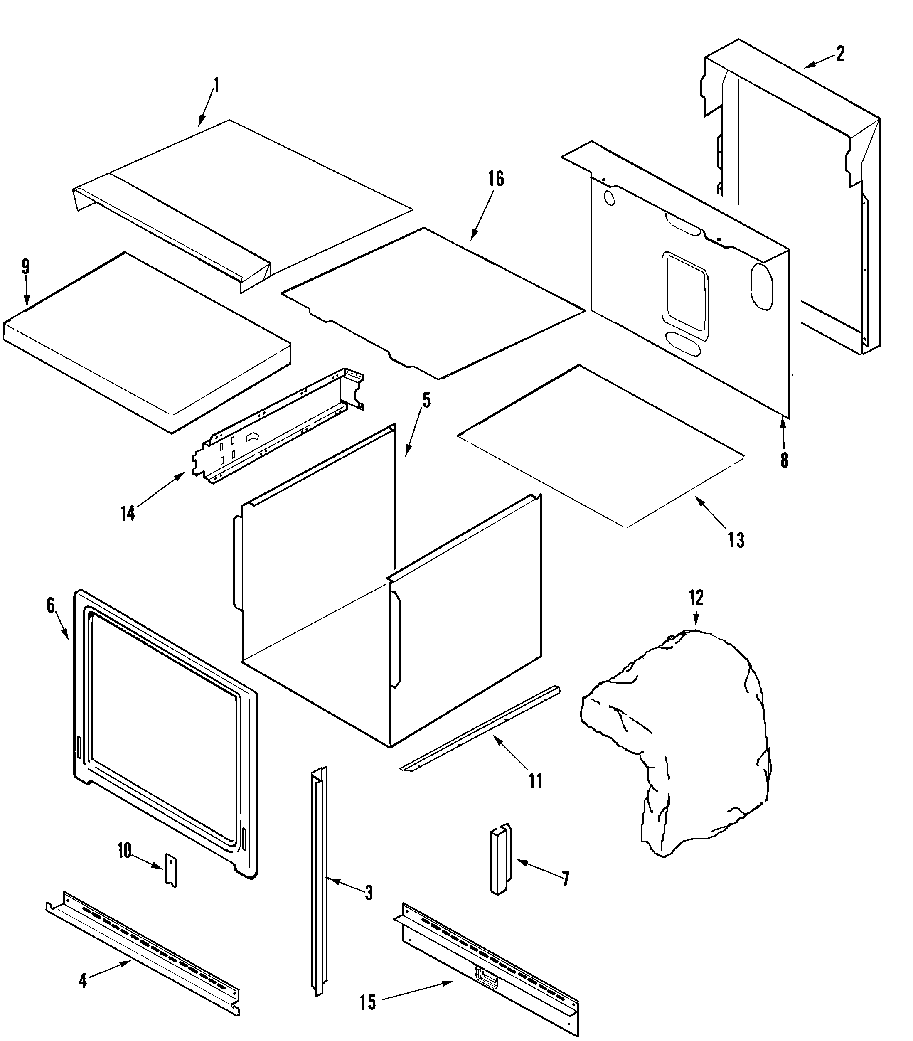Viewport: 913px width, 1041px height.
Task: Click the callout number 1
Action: coord(216,85)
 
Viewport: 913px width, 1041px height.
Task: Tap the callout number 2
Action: coord(840,54)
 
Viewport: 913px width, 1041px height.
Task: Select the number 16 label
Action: coord(495,179)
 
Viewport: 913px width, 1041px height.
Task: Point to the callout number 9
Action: coord(25,266)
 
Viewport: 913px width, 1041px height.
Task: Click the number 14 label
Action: coord(128,513)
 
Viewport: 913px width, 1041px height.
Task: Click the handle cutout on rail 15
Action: coord(486,975)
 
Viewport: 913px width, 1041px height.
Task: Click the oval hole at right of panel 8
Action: coord(762,286)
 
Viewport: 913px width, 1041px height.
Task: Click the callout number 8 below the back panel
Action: coord(784,460)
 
